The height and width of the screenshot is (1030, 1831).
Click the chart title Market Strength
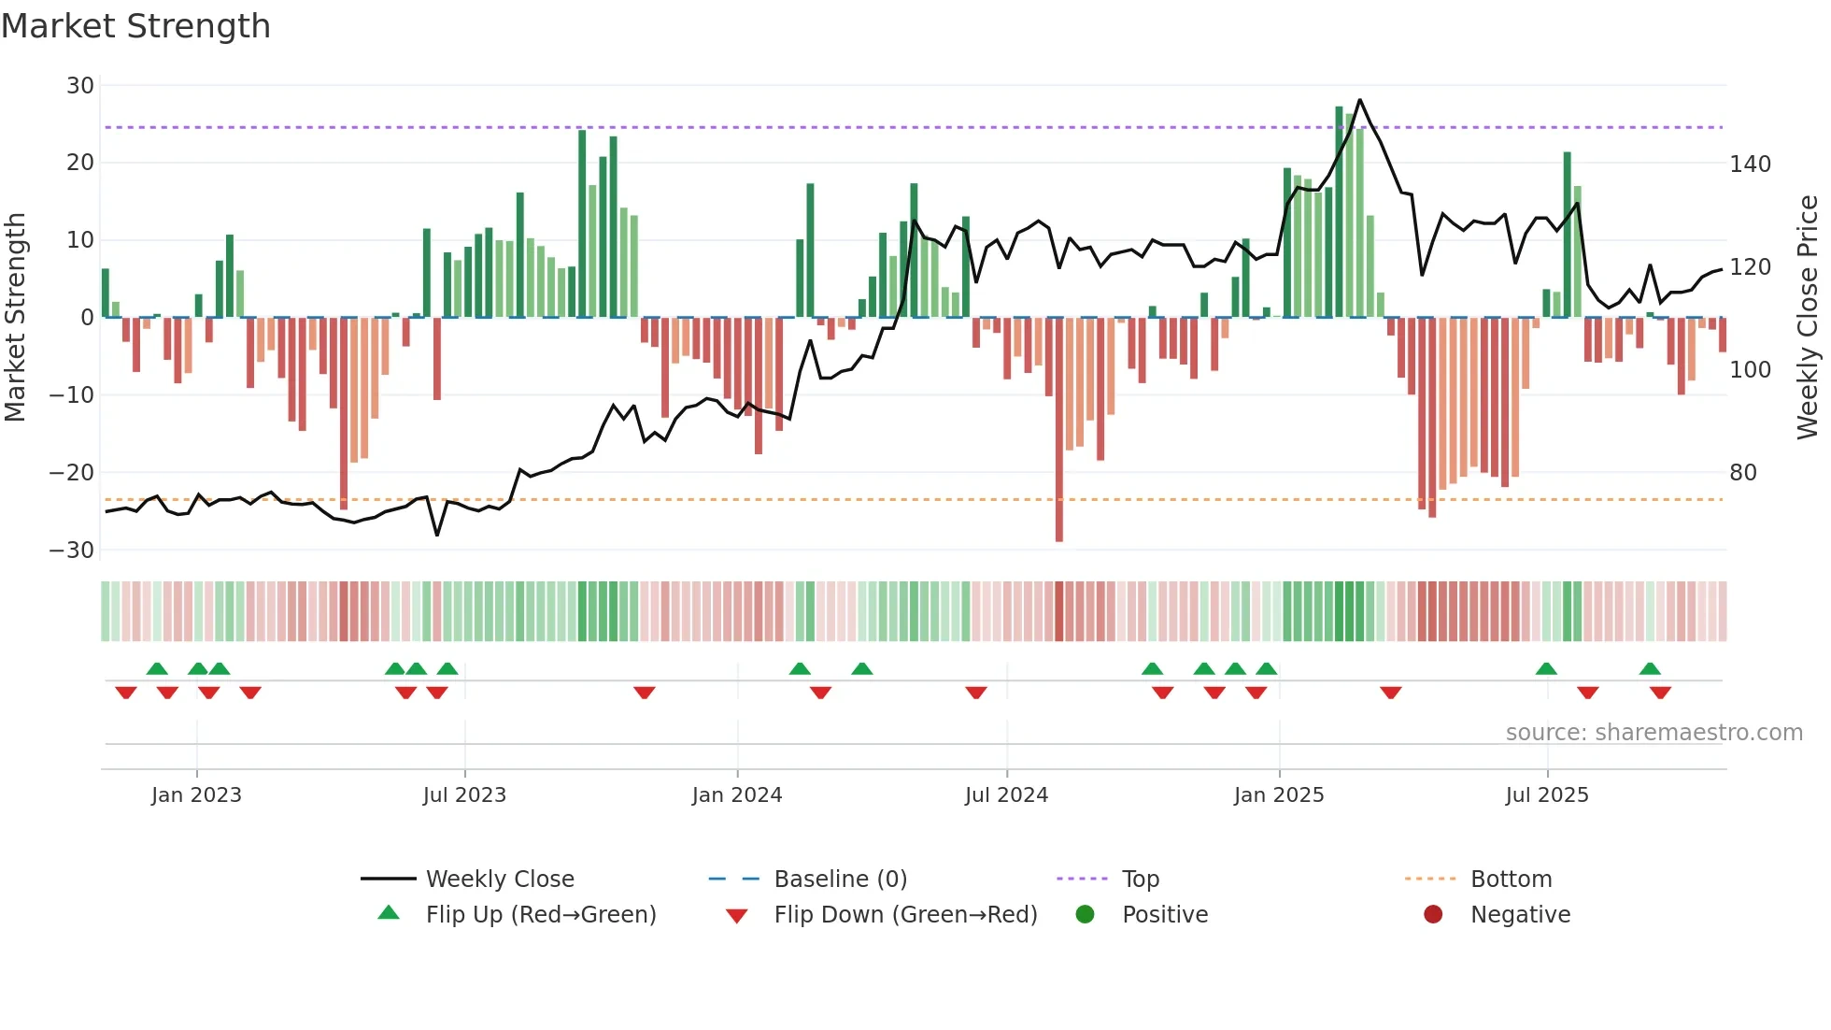point(135,26)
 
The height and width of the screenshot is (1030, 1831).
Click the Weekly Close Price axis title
point(1809,317)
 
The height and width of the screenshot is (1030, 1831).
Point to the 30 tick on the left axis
point(80,86)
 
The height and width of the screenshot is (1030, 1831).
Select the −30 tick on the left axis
point(72,550)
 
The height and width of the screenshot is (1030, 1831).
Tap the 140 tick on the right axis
point(1750,165)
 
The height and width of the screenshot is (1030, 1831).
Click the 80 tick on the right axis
point(1743,473)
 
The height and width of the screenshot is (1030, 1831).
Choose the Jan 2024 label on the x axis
point(737,795)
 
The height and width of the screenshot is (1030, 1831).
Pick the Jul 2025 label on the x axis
point(1547,795)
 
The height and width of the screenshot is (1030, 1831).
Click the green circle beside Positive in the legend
point(1085,914)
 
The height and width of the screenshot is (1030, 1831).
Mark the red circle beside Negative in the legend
point(1433,914)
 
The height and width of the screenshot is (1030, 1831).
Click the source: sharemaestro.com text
point(1654,733)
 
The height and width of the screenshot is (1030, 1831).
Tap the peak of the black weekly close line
point(1359,100)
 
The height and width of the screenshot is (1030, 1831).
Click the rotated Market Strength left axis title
point(15,317)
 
